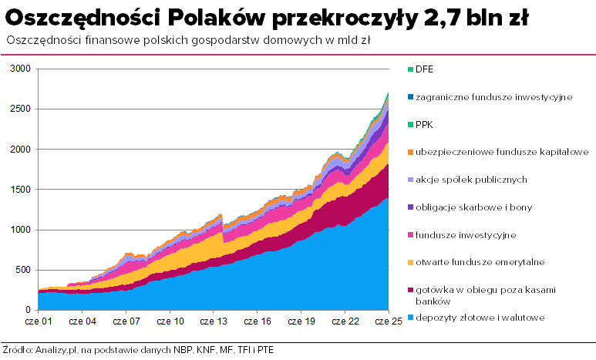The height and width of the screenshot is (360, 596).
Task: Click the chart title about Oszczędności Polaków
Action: [x=269, y=18]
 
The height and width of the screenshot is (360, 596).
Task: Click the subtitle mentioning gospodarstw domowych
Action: [x=185, y=41]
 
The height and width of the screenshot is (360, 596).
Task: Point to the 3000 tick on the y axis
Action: [x=21, y=69]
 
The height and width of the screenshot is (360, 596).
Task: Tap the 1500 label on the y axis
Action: [x=21, y=190]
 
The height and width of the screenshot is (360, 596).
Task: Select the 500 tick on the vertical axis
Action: [x=23, y=270]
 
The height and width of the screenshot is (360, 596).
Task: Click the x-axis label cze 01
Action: [x=38, y=321]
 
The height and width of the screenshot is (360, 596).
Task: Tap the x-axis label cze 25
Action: [x=386, y=321]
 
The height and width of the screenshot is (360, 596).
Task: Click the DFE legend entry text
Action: [x=424, y=69]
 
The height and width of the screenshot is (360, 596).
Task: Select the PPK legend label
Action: [x=424, y=124]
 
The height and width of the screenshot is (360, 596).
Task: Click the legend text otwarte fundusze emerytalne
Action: [x=480, y=262]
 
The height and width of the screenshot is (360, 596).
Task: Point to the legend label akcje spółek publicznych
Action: [x=471, y=180]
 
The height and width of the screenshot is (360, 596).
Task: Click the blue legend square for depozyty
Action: [x=410, y=317]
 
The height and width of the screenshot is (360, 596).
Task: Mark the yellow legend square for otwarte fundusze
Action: [x=410, y=262]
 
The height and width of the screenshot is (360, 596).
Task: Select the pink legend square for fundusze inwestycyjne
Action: [x=410, y=234]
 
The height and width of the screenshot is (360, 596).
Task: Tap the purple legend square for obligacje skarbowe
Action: [x=410, y=207]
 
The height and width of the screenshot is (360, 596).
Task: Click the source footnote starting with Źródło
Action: [x=138, y=350]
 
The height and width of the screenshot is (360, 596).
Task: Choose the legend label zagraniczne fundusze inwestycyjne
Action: [x=493, y=97]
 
